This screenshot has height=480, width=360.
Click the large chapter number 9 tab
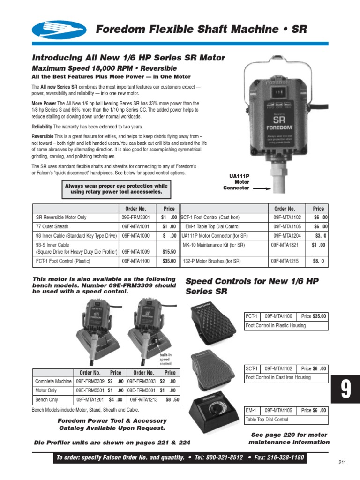tap(345, 389)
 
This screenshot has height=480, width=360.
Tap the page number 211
tap(342, 462)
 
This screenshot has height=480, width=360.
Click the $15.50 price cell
tap(169, 252)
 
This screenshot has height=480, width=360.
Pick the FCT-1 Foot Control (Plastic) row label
tap(63, 261)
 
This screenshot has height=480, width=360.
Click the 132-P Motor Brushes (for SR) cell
tap(211, 261)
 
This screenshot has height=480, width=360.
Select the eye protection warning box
tap(116, 189)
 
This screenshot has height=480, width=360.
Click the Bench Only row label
tap(47, 400)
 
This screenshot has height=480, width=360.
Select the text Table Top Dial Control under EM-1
tap(267, 420)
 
